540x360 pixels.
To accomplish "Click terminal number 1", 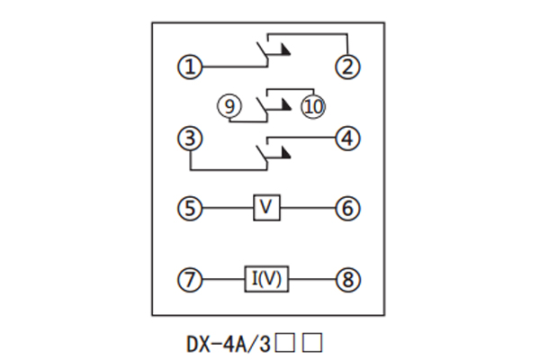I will pyautogui.click(x=189, y=66).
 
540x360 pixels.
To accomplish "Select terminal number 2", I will pyautogui.click(x=346, y=66).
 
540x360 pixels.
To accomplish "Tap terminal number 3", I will pyautogui.click(x=189, y=139).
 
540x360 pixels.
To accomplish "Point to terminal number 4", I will pyautogui.click(x=346, y=139).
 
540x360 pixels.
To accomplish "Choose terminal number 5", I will pyautogui.click(x=189, y=209).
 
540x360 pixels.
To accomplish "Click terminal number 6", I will pyautogui.click(x=346, y=209).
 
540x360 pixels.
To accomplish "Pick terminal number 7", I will pyautogui.click(x=189, y=280).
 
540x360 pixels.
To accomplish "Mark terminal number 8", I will pyautogui.click(x=346, y=280).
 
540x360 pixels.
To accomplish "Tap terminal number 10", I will pyautogui.click(x=313, y=106).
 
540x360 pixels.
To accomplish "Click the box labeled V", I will pyautogui.click(x=266, y=209).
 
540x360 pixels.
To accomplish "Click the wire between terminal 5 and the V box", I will pyautogui.click(x=226, y=209).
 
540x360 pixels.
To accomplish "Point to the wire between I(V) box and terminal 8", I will pyautogui.click(x=311, y=280).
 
